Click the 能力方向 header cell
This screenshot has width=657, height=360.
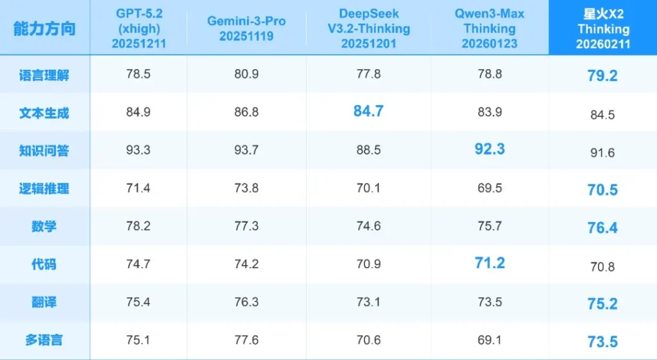(44, 28)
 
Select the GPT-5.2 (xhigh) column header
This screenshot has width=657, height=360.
(139, 28)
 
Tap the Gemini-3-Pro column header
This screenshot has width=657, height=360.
(246, 28)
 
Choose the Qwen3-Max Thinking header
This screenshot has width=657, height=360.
(490, 28)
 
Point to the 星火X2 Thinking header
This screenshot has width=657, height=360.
(602, 28)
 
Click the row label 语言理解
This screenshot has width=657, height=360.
(44, 75)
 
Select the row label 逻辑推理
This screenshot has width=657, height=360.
(44, 189)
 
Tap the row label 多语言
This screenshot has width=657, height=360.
(44, 340)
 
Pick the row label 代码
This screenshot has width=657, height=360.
(44, 264)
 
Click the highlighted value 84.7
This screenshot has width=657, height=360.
(368, 112)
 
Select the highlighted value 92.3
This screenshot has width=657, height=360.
(490, 150)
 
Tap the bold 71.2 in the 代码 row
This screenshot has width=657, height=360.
(490, 263)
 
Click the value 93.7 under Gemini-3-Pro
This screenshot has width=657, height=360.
(246, 150)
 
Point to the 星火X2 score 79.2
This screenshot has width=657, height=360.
(602, 76)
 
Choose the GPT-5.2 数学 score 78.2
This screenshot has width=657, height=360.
(139, 227)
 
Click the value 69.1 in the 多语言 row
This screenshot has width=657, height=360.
(490, 340)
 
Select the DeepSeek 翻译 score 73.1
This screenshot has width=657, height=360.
(368, 302)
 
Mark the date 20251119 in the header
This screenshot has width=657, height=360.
(246, 37)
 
